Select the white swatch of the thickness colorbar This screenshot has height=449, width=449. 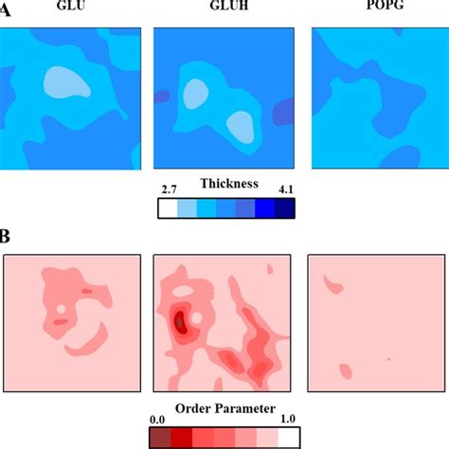click(166, 207)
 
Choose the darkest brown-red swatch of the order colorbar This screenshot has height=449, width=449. click(160, 436)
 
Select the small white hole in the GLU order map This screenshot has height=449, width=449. click(61, 309)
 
